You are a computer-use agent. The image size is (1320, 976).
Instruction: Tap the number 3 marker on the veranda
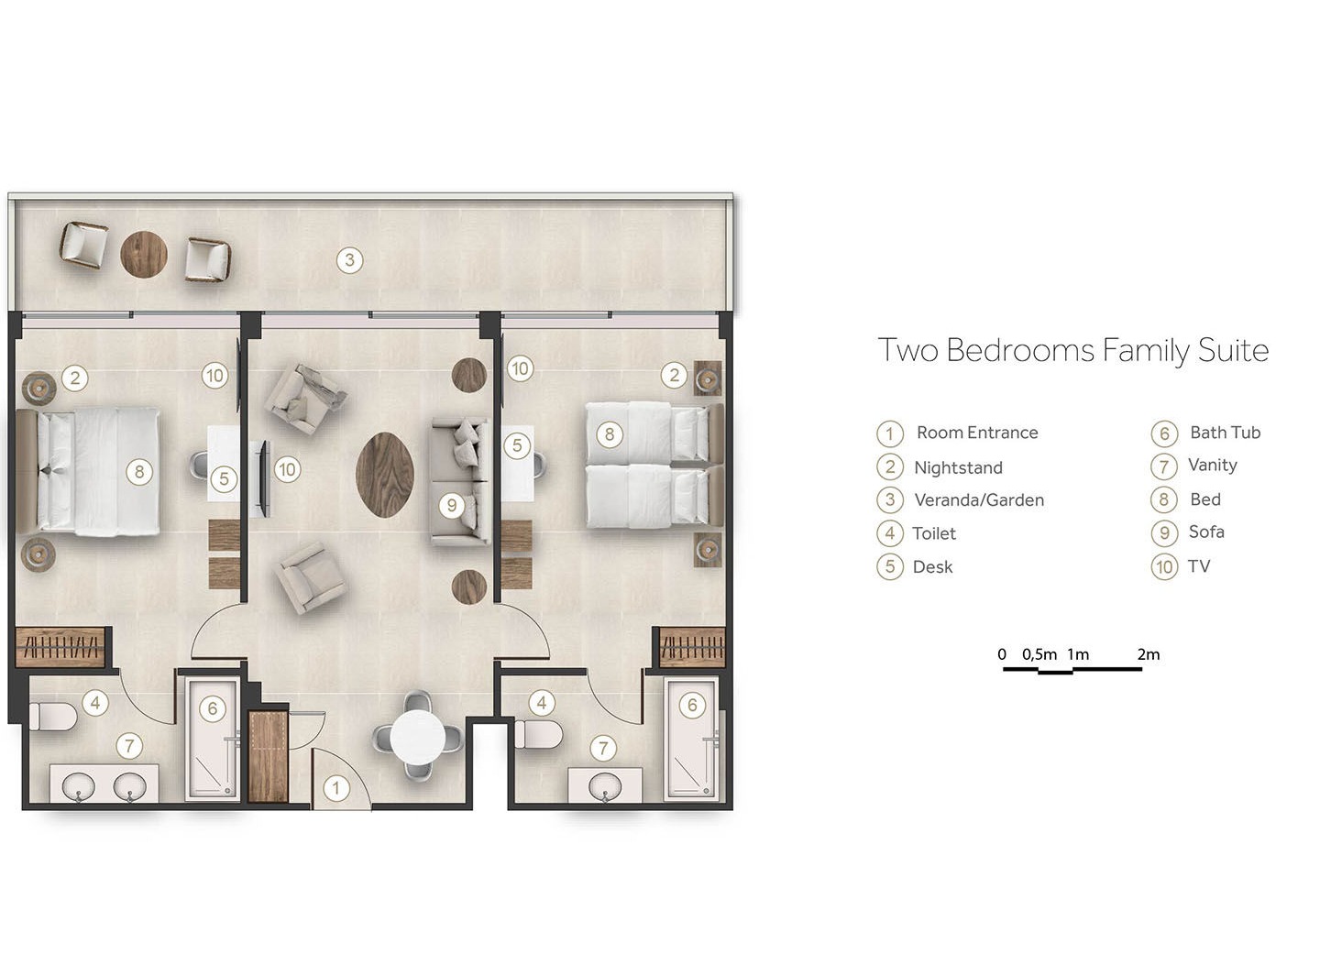[349, 260]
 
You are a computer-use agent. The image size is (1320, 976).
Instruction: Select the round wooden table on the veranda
[143, 254]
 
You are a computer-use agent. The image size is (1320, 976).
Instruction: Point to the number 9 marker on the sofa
[452, 506]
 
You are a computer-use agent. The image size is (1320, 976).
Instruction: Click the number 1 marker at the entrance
[336, 788]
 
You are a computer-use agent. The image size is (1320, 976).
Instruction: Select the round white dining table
[418, 738]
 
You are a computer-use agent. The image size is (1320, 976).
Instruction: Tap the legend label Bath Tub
[1225, 433]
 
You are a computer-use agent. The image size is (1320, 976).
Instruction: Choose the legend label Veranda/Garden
[979, 499]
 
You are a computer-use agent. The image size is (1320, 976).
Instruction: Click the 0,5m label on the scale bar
[1039, 654]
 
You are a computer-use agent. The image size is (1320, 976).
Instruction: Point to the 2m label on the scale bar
[1149, 654]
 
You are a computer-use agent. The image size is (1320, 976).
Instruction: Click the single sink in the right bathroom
[605, 786]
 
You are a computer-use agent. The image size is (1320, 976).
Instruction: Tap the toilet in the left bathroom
[52, 716]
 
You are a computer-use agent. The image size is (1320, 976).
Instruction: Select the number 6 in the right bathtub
[692, 706]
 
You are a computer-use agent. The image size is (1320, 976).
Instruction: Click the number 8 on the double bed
[139, 473]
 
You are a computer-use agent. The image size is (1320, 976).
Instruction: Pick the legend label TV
[1199, 566]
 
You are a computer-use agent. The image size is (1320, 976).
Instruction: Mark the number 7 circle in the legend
[1164, 466]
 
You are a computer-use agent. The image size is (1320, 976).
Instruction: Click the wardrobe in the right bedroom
[692, 647]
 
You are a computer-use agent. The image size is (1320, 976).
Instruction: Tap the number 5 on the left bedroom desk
[224, 479]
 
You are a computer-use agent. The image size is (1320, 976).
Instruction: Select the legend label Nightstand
[958, 467]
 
